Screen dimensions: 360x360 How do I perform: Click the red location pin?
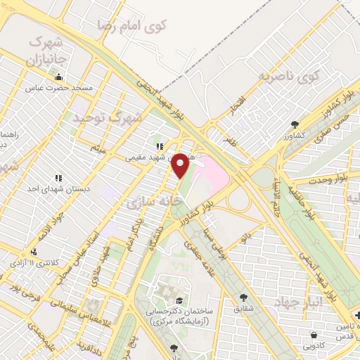pyautogui.click(x=181, y=165)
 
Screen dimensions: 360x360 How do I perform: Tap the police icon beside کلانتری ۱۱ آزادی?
pyautogui.click(x=32, y=252)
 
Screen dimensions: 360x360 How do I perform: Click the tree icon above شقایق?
pyautogui.click(x=243, y=297)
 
